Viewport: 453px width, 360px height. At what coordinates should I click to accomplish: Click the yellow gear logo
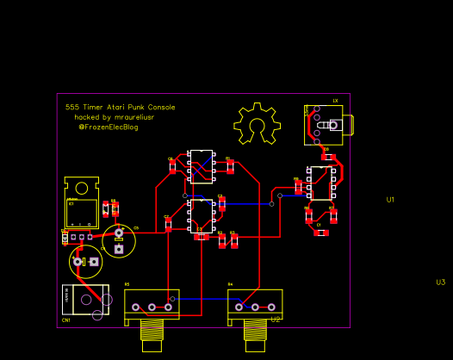click(x=256, y=125)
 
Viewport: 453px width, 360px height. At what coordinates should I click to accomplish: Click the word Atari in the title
click(x=115, y=108)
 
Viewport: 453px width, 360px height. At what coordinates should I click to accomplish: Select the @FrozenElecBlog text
click(x=108, y=127)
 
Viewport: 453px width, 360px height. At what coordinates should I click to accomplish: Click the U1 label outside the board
click(x=390, y=200)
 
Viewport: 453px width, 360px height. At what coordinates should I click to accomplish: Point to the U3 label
click(x=440, y=282)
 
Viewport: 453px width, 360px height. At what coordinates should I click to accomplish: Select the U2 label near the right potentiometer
click(x=276, y=320)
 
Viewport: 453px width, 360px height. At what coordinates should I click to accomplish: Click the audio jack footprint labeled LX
click(x=325, y=124)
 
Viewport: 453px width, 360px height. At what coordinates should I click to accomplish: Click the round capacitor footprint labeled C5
click(x=119, y=240)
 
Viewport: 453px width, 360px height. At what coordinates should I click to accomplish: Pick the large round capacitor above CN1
click(x=85, y=261)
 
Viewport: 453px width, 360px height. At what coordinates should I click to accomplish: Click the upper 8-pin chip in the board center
click(x=201, y=166)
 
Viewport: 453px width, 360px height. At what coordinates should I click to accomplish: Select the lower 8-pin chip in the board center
click(x=201, y=215)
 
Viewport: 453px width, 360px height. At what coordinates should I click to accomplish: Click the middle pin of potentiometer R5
click(x=152, y=307)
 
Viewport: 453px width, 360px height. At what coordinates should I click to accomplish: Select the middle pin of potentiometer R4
click(x=255, y=307)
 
